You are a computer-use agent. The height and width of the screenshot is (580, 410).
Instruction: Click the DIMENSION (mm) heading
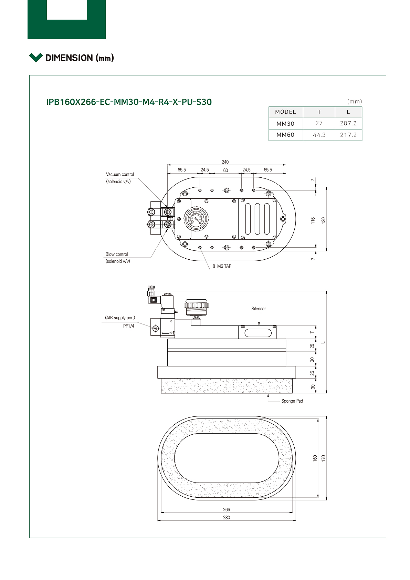(80, 58)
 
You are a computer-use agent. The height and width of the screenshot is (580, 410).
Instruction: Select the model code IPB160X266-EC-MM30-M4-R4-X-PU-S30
(129, 102)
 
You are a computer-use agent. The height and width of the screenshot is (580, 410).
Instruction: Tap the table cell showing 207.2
(348, 123)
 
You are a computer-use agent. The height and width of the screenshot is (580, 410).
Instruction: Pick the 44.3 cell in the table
(319, 135)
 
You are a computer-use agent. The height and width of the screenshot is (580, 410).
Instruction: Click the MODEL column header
(285, 112)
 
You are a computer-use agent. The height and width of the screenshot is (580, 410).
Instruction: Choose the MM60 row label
(285, 135)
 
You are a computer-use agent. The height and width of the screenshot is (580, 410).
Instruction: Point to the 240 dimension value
(225, 162)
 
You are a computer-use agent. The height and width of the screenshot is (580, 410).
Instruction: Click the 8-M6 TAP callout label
(222, 266)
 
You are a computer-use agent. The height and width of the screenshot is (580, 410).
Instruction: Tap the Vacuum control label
(120, 174)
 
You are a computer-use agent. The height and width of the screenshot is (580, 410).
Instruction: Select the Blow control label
(117, 254)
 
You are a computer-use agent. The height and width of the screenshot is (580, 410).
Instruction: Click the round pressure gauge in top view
(196, 219)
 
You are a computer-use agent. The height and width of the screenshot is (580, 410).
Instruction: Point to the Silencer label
(259, 309)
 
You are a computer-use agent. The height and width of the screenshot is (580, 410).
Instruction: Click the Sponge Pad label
(292, 401)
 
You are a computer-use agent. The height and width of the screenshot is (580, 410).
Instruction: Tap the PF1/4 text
(129, 326)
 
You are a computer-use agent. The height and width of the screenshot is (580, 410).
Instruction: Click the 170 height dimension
(323, 458)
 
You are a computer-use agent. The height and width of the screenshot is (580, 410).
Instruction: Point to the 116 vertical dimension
(313, 220)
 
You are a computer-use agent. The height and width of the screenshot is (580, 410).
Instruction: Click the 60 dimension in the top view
(225, 170)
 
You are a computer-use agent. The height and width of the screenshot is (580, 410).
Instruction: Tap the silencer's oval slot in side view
(258, 333)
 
